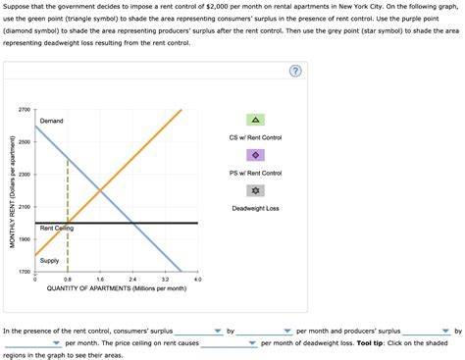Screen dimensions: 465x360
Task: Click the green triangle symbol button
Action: (255, 120)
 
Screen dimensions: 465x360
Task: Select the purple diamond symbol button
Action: (255, 155)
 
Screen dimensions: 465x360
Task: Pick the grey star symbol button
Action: (255, 190)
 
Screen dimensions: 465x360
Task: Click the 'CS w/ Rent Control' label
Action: (255, 137)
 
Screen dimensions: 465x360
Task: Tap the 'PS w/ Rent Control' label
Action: (255, 173)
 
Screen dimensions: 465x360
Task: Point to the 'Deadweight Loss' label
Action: (255, 208)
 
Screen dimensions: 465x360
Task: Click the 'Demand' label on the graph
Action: (52, 121)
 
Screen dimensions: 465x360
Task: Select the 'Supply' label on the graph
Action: (49, 260)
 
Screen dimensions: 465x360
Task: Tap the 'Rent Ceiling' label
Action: (57, 229)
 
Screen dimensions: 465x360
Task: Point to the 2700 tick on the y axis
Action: (25, 109)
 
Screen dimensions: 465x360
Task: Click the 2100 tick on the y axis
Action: (25, 207)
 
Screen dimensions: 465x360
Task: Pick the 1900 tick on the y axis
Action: (25, 239)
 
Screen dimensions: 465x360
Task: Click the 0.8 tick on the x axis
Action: (67, 280)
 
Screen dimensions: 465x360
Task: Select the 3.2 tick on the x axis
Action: (165, 280)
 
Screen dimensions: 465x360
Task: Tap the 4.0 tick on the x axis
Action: (197, 280)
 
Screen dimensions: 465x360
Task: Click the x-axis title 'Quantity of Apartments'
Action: (116, 288)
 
